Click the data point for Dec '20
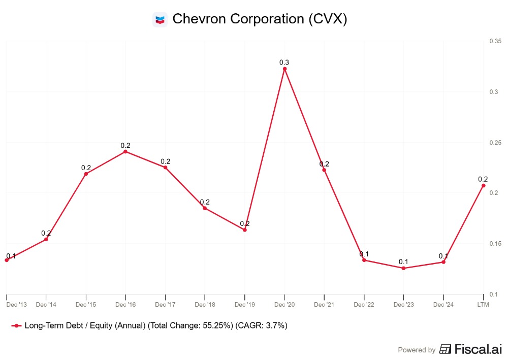[284, 69]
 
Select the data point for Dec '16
[125, 151]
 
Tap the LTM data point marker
[483, 185]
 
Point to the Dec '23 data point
[403, 268]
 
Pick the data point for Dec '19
[245, 230]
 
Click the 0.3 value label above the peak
[284, 62]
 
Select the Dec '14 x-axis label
[46, 305]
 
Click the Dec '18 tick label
[205, 305]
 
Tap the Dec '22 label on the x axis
[364, 305]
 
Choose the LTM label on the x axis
[483, 305]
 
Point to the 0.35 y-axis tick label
[495, 41]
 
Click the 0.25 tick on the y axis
[495, 143]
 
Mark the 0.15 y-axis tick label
[495, 244]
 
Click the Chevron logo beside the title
[160, 19]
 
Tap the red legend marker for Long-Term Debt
[17, 326]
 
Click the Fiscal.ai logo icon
[446, 349]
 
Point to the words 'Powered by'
[417, 350]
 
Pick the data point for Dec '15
[86, 174]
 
